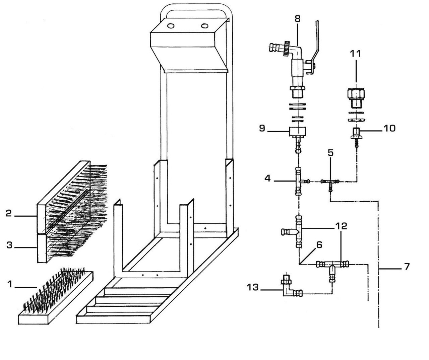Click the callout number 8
298,19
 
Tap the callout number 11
356,53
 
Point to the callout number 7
407,266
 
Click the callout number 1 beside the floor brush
10,284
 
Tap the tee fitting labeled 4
298,182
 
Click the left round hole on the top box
171,26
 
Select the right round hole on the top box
204,26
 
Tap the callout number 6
318,245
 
